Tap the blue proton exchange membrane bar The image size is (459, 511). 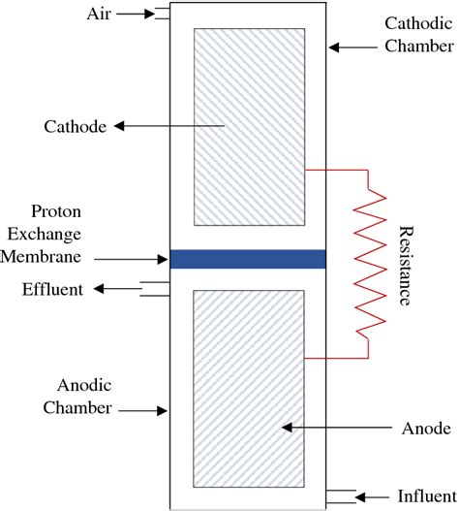tap(247, 258)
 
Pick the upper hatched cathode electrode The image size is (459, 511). tap(249, 125)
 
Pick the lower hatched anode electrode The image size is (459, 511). tap(249, 389)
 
